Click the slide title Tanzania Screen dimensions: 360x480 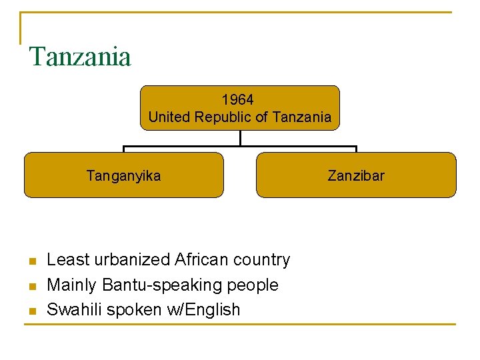(x=80, y=57)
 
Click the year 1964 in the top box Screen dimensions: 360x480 (x=238, y=100)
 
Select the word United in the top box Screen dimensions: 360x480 (x=168, y=117)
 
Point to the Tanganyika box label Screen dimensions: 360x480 (x=123, y=176)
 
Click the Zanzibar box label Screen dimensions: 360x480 (x=356, y=176)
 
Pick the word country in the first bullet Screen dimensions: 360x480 (x=263, y=259)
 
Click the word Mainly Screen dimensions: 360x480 (x=72, y=285)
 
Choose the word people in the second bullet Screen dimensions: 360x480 (x=253, y=285)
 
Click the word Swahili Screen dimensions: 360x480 (x=74, y=309)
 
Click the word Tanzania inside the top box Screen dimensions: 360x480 (x=302, y=117)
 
